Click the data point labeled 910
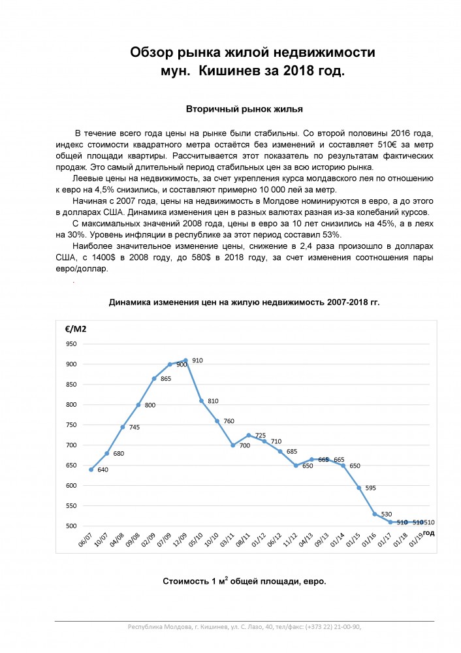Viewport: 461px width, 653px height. pyautogui.click(x=185, y=360)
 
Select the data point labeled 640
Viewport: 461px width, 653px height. pyautogui.click(x=91, y=469)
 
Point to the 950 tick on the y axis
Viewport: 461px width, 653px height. pyautogui.click(x=71, y=344)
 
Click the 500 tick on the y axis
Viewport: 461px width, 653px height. pyautogui.click(x=71, y=526)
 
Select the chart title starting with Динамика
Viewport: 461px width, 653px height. pyautogui.click(x=244, y=302)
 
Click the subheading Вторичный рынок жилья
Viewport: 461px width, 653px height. pyautogui.click(x=244, y=108)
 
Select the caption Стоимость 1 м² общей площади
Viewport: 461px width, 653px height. pyautogui.click(x=244, y=581)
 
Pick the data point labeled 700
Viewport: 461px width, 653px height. pyautogui.click(x=233, y=445)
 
